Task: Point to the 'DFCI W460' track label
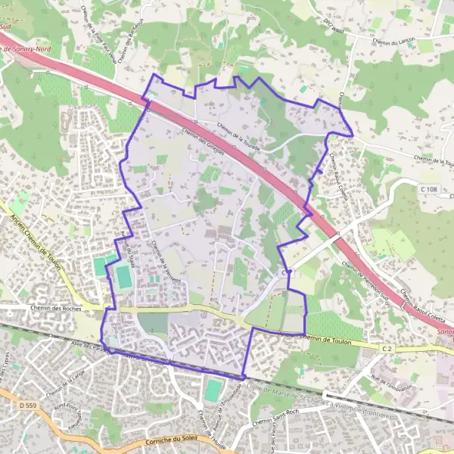(x=332, y=26)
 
